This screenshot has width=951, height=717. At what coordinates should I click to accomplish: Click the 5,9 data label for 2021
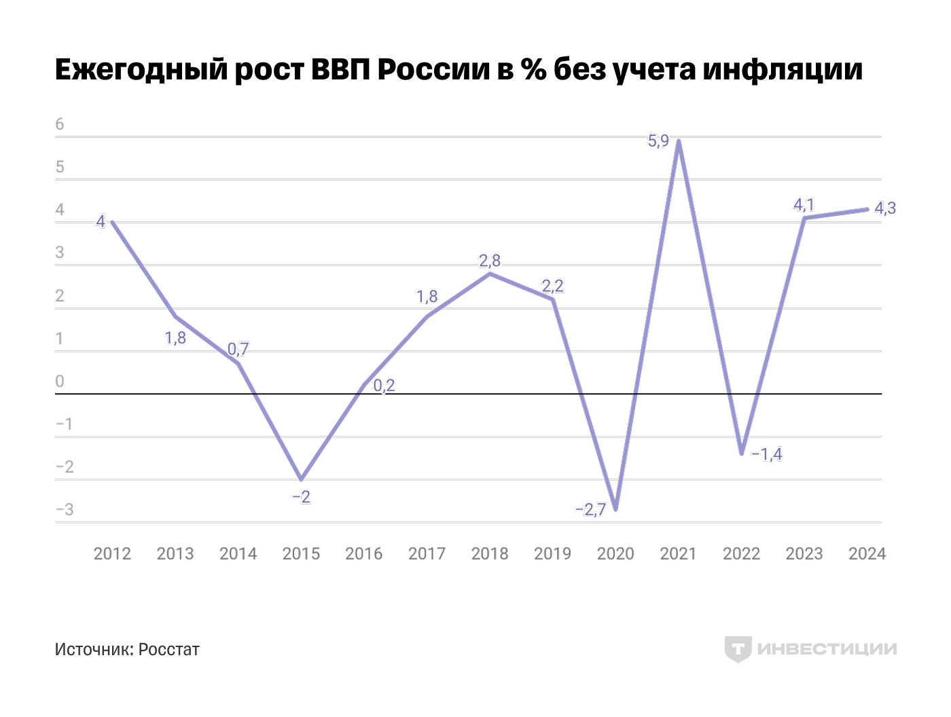pos(658,141)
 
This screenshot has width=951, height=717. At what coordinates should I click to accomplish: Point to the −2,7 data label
pos(590,509)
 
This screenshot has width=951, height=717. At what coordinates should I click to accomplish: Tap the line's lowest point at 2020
pos(615,509)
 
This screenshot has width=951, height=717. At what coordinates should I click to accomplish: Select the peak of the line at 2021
pos(679,141)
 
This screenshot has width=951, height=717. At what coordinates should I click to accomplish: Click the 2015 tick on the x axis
pos(301,554)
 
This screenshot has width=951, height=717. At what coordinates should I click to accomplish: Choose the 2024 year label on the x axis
pos(867,554)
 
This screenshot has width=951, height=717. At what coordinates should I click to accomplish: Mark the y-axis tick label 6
pos(60,124)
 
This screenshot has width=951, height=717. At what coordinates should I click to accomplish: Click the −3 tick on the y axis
pos(65,510)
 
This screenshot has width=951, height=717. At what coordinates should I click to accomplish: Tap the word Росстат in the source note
pos(168,650)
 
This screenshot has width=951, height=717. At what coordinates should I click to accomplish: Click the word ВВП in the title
pos(340,70)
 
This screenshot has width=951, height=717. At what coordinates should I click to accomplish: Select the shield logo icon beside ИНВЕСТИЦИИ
pos(738,649)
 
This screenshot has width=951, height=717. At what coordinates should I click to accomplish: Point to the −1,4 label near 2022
pos(767,454)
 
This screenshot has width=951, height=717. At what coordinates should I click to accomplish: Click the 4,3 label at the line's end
pos(884,208)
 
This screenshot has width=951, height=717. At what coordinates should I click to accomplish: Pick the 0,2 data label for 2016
pos(384,386)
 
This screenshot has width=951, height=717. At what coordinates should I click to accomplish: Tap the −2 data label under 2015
pos(301,497)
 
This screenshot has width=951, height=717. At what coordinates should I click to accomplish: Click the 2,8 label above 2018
pos(489,261)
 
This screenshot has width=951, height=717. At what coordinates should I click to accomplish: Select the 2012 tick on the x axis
pos(112,554)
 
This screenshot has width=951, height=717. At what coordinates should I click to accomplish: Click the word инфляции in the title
pos(782,70)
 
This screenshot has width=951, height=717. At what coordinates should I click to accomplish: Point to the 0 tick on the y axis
pos(60,382)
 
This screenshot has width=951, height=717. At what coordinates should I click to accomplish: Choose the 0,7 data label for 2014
pos(238,350)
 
